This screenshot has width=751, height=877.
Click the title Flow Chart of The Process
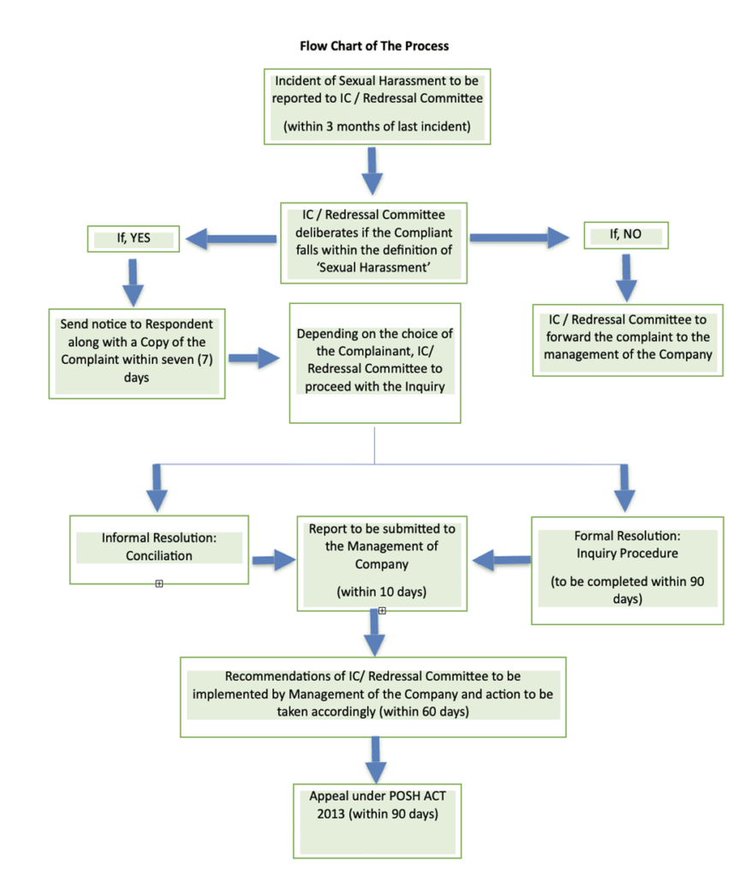[374, 46]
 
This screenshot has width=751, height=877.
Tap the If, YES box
[134, 239]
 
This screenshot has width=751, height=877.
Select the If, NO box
[626, 235]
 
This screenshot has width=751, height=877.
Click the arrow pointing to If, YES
[230, 239]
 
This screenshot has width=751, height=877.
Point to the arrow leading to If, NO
[520, 238]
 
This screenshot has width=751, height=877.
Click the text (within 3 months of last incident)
[377, 127]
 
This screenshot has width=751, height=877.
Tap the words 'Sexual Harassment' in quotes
[373, 267]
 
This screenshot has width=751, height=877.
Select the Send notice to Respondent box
[137, 354]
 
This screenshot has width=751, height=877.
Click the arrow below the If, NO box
[626, 278]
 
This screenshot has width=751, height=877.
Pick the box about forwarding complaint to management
[628, 340]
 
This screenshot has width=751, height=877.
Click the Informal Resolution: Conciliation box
[158, 550]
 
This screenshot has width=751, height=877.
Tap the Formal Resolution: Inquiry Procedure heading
[628, 545]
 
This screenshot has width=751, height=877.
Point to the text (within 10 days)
[381, 592]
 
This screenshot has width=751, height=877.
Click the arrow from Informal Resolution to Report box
[273, 560]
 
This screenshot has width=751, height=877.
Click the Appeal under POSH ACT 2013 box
[378, 821]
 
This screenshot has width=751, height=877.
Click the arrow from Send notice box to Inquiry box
[253, 358]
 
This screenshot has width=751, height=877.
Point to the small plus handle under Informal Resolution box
[158, 584]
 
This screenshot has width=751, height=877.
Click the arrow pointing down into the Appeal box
[375, 761]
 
